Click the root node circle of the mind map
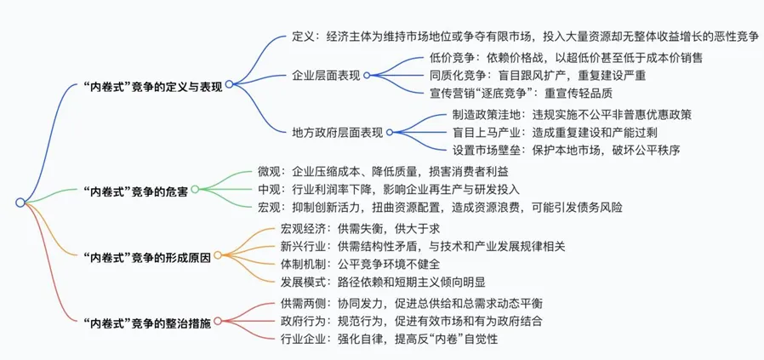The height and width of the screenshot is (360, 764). pyautogui.click(x=20, y=203)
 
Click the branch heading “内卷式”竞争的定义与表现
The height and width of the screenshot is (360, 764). pyautogui.click(x=153, y=87)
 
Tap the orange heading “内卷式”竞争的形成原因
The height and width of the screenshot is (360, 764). pyautogui.click(x=147, y=258)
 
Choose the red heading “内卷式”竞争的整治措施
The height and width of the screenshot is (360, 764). pyautogui.click(x=147, y=323)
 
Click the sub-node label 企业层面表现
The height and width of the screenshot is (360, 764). pyautogui.click(x=326, y=76)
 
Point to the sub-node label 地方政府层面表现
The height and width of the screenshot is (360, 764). pyautogui.click(x=337, y=132)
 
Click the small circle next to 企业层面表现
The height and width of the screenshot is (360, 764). pyautogui.click(x=367, y=76)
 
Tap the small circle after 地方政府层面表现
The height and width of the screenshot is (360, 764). pyautogui.click(x=390, y=132)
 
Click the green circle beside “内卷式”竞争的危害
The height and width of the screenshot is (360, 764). pyautogui.click(x=195, y=190)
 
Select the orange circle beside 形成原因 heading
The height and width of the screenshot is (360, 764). pyautogui.click(x=218, y=255)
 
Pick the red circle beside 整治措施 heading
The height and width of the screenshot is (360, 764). pyautogui.click(x=218, y=321)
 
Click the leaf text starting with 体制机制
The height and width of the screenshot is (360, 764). pyautogui.click(x=360, y=265)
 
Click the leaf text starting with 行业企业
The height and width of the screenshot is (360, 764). pyautogui.click(x=389, y=339)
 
